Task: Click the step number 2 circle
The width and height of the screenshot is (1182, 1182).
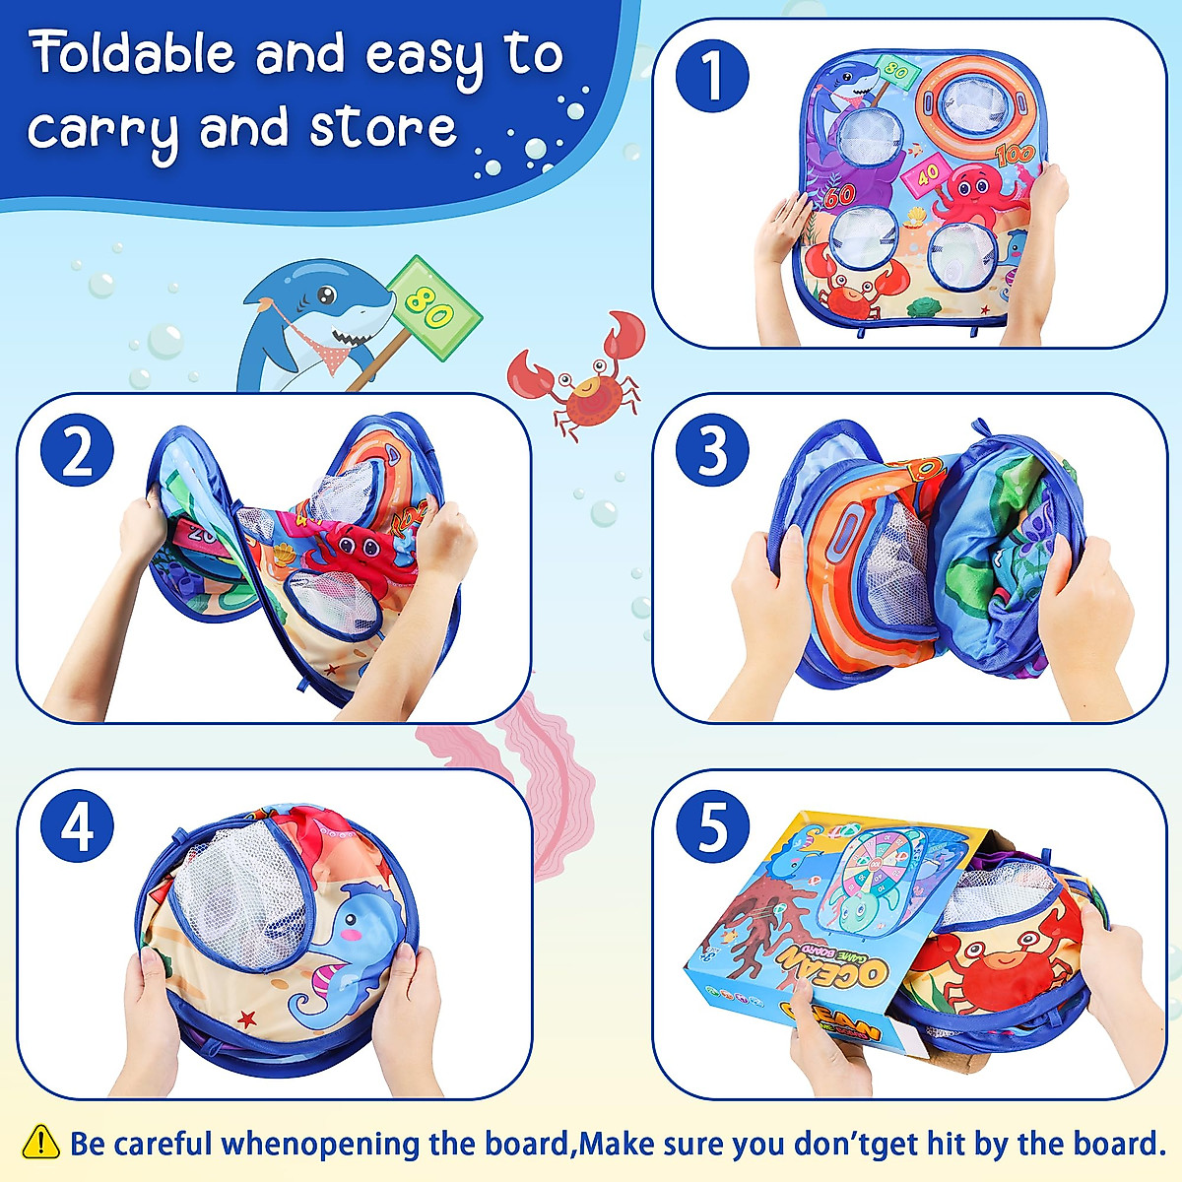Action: [x=77, y=454]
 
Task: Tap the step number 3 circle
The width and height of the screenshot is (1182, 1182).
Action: [x=712, y=451]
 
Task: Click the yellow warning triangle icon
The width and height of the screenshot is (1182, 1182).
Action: [x=40, y=1142]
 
